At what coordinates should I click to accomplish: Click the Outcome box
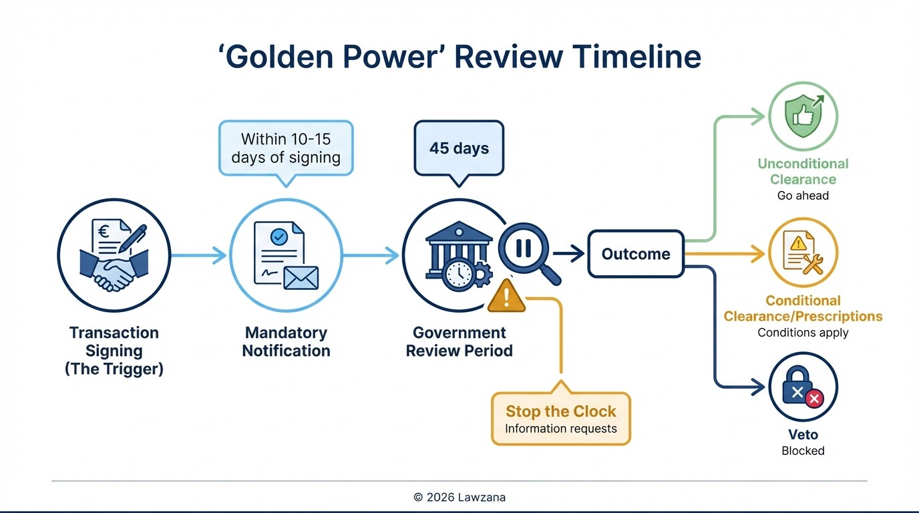(x=635, y=254)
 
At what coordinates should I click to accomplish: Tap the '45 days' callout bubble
(x=458, y=148)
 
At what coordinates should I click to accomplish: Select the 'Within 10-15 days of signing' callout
(x=286, y=148)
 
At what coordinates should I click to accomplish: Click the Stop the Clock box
(x=560, y=419)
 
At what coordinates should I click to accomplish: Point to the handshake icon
(x=114, y=267)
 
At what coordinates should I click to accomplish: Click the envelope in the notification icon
(x=301, y=277)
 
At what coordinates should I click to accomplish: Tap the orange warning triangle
(x=506, y=297)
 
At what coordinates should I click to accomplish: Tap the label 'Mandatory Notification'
(x=286, y=341)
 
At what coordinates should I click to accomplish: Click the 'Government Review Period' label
(x=459, y=341)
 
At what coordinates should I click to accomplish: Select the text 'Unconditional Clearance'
(x=803, y=172)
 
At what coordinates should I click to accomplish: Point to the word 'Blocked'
(x=803, y=451)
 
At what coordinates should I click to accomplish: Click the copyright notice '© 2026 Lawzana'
(x=459, y=497)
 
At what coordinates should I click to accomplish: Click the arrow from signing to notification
(x=199, y=254)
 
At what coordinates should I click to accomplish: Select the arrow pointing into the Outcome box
(x=568, y=254)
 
